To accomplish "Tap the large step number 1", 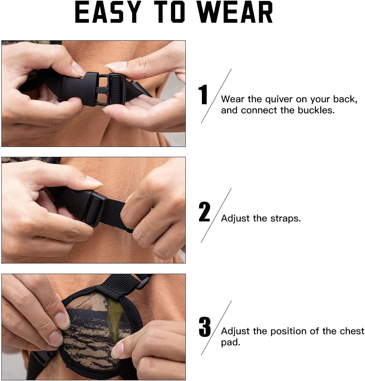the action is coord(203,95).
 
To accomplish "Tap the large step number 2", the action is coord(204,212).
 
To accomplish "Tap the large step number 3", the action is coord(205,327).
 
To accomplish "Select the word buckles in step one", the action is coord(317,110).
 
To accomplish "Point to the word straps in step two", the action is coord(285,218).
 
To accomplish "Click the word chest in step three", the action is coord(352,331).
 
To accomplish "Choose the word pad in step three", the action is coord(230,343).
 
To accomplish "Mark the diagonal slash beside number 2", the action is coord(216,215).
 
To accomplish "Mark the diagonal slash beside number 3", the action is coord(216,328).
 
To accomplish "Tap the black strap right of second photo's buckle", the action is coord(116,214).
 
